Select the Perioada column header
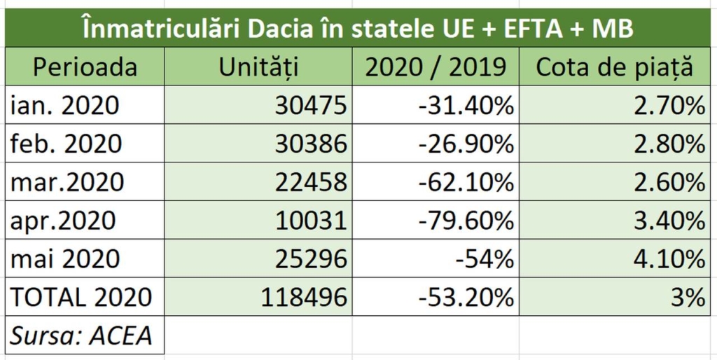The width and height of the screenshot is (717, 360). pos(85,67)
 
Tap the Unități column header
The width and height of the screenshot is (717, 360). pos(259,67)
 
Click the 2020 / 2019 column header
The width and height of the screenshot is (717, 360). pos(436,67)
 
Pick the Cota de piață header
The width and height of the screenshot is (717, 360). pos(614,67)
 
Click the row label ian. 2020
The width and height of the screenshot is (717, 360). pos(65,105)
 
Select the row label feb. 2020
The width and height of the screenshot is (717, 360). pos(67,144)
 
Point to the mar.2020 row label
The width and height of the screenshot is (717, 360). pos(67,182)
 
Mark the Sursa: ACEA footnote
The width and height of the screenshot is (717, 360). pos(81,335)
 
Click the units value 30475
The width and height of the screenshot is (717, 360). pos(311,106)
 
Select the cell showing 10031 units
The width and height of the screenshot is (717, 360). pos(311,221)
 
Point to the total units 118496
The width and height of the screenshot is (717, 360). pos(304,297)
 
